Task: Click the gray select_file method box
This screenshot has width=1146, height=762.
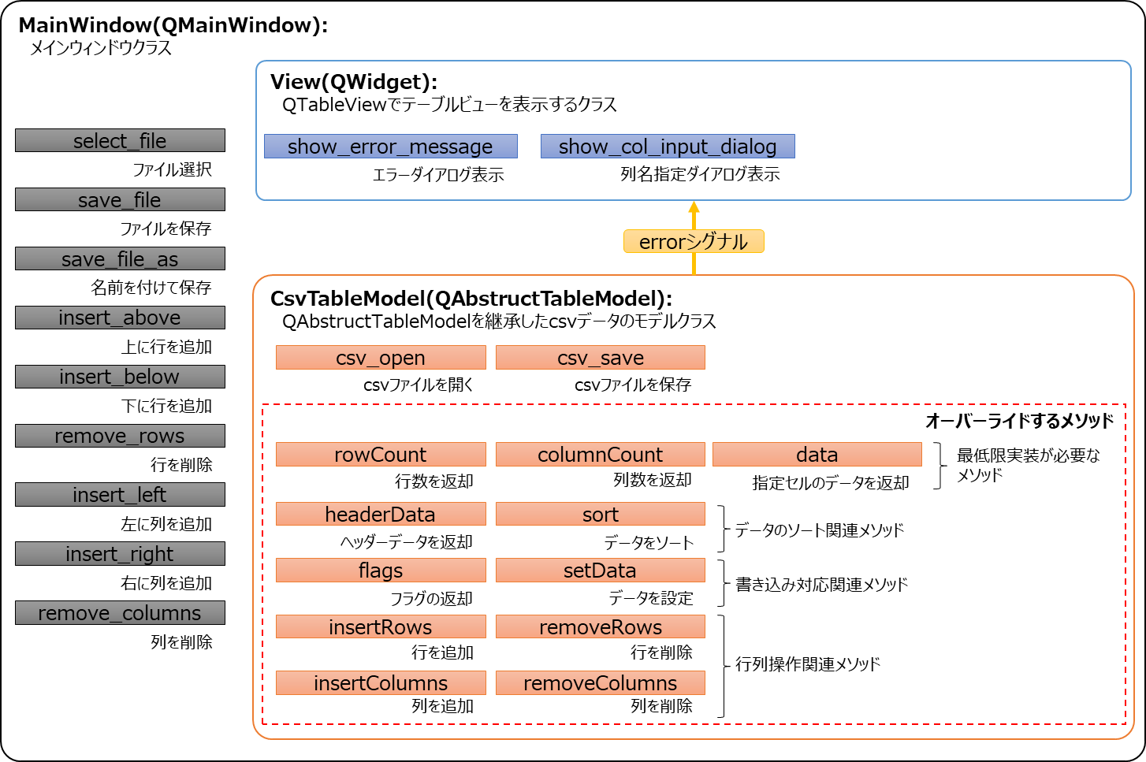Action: [120, 140]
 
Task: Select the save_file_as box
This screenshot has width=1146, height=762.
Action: [120, 258]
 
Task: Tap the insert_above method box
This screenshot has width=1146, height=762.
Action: [120, 318]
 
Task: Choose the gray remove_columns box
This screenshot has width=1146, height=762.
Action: [120, 612]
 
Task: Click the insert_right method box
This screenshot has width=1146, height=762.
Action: [120, 553]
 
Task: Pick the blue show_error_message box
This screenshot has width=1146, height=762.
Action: [390, 147]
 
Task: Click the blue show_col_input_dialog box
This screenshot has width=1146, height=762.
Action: [668, 147]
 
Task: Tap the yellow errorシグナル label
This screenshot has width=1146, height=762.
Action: [694, 241]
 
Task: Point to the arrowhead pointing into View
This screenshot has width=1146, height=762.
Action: [694, 207]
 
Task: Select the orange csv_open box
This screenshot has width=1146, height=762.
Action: [381, 358]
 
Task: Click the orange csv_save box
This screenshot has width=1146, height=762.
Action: [601, 358]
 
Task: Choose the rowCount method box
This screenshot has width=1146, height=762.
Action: [381, 455]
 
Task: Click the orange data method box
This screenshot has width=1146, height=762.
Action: [817, 455]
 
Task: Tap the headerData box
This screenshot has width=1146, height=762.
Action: [381, 514]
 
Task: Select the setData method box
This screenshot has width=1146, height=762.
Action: [601, 571]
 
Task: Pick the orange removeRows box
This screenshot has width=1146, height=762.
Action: [601, 626]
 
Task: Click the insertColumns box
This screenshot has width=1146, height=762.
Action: [381, 682]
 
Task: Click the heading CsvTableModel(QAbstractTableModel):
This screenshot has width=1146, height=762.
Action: [471, 299]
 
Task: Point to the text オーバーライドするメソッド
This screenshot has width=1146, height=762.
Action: [1019, 421]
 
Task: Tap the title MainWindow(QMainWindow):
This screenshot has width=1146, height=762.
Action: [173, 25]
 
